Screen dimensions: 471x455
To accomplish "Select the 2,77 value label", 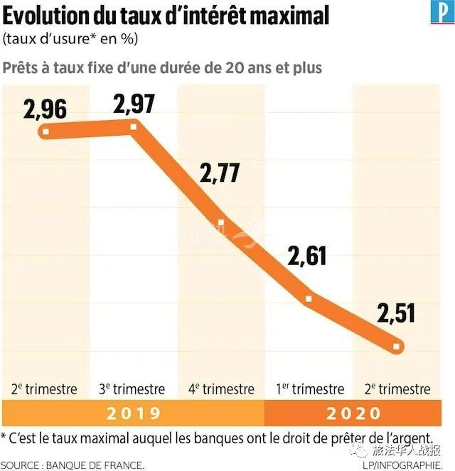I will [220, 173].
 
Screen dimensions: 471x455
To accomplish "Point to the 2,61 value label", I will [308, 254].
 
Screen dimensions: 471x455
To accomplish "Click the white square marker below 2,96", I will [46, 131].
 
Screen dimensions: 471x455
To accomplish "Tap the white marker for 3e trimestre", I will [133, 126].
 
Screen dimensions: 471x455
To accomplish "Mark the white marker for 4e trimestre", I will [220, 222].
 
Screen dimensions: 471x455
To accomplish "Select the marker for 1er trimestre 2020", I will [309, 298].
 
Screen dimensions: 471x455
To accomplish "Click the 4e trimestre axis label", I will [220, 389].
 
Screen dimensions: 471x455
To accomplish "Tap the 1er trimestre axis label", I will [309, 389].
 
